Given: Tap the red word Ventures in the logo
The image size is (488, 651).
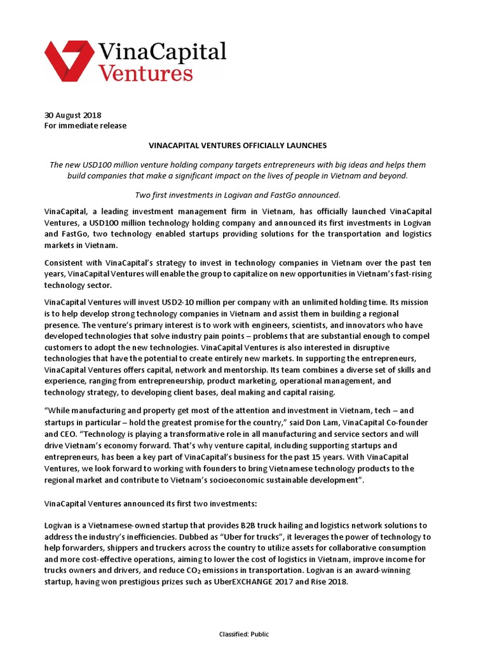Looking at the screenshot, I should [x=146, y=72].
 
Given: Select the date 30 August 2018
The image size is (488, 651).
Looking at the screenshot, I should [x=73, y=115].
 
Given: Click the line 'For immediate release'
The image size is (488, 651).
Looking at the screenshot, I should [x=85, y=126].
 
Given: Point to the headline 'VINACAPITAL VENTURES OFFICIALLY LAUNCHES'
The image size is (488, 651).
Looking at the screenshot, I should [x=238, y=146].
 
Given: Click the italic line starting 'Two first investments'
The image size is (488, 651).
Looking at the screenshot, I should [x=238, y=195].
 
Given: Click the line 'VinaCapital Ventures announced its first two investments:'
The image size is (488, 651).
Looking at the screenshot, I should [x=151, y=503].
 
